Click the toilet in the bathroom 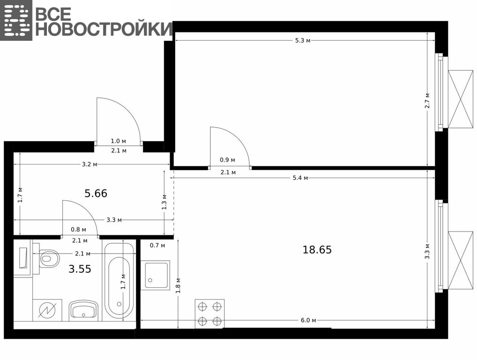point(49,259)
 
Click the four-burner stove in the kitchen point(209,314)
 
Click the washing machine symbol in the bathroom point(47,310)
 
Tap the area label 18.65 point(317,250)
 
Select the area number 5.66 point(96,193)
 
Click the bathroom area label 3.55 point(80,269)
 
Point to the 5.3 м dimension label point(303,40)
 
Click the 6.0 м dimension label point(308,320)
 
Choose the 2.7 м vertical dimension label point(427,101)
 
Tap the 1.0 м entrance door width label point(119,141)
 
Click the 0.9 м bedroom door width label point(228,160)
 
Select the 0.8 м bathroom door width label point(79,229)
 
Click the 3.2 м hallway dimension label point(90,165)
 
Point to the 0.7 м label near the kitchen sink point(157,245)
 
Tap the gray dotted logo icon point(16,20)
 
